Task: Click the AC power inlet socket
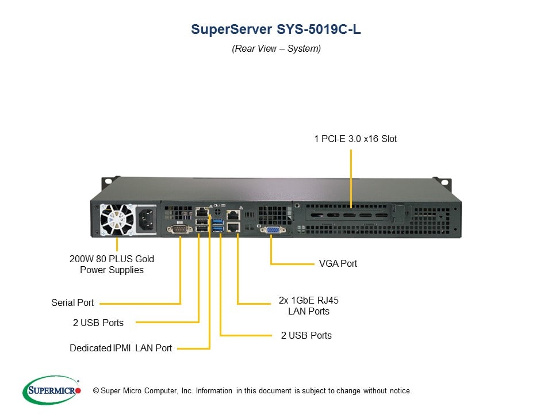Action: (x=145, y=218)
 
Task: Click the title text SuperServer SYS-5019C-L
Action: (x=276, y=30)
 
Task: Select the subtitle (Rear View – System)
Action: (x=276, y=49)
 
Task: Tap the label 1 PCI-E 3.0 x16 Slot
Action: (x=355, y=139)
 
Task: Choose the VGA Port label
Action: (x=338, y=263)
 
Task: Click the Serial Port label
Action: (x=72, y=302)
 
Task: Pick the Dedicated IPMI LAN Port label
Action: (x=121, y=348)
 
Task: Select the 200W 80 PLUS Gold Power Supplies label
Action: (x=112, y=264)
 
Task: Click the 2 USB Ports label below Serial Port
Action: (x=98, y=323)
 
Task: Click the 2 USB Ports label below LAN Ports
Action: (x=306, y=335)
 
